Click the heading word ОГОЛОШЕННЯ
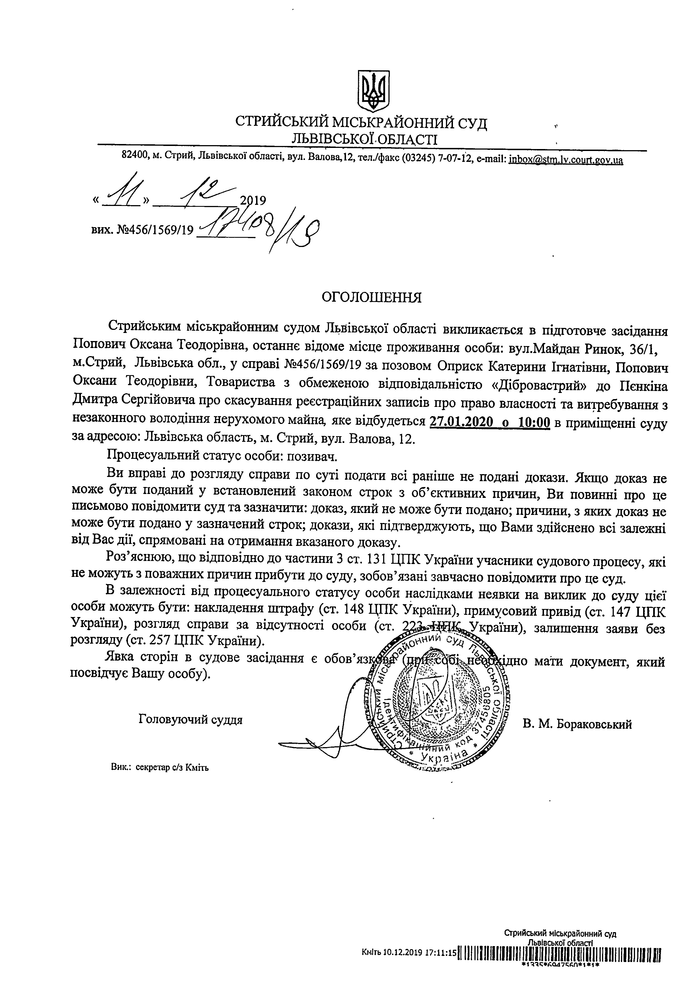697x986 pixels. click(372, 297)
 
